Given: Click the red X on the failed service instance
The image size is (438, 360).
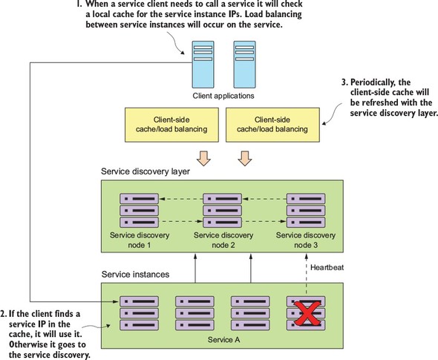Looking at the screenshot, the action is (307, 314).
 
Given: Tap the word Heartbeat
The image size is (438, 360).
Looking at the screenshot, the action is (327, 267).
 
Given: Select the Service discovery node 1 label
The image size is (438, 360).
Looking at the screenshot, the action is (140, 240).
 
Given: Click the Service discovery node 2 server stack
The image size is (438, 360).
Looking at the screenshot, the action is (223, 211).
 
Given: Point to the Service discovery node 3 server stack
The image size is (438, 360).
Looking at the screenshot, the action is (306, 211).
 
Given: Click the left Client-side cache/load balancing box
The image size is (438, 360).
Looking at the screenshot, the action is (171, 125).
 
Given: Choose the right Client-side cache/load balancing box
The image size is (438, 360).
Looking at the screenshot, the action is (272, 125).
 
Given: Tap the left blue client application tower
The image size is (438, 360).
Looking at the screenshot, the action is (203, 65).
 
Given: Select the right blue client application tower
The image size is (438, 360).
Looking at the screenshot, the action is (244, 65).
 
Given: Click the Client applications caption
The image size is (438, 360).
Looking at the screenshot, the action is (223, 96).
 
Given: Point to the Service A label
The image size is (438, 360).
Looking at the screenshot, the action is (223, 340).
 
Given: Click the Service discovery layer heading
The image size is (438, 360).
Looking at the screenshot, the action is (146, 171).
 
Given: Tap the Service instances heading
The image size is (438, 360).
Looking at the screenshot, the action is (135, 274).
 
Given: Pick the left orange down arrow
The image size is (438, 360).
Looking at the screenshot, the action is (203, 158).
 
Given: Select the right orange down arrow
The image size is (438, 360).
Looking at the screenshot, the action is (245, 158).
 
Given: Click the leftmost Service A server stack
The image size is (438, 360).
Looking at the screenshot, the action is (139, 313).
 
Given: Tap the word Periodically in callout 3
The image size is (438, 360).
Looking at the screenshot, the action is (366, 82).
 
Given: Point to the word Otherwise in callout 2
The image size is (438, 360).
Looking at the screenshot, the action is (28, 344).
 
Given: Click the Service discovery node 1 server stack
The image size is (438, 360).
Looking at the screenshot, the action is (139, 211).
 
